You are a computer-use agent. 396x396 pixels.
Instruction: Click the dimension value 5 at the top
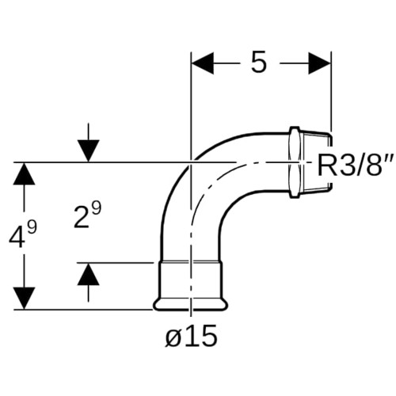tap(258, 63)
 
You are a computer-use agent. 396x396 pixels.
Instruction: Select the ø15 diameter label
tap(192, 336)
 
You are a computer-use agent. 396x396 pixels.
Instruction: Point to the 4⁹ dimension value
tap(23, 235)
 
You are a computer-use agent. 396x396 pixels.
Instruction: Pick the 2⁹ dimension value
tap(87, 215)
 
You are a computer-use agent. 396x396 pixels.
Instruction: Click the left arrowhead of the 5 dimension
tap(203, 63)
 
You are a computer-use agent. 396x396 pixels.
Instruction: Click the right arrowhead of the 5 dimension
tap(319, 63)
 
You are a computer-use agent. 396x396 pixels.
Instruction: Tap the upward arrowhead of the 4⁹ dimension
tap(24, 174)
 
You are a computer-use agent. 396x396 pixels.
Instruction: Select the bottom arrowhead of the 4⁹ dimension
tap(24, 298)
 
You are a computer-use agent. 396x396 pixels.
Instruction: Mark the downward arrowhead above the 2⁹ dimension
tap(89, 150)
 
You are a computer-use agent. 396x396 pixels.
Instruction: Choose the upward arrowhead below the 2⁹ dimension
tap(89, 275)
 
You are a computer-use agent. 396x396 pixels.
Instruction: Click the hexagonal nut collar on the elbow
tap(295, 162)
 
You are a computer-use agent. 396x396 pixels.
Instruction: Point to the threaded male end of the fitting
tap(316, 162)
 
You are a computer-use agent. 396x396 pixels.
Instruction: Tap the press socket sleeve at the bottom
tap(190, 280)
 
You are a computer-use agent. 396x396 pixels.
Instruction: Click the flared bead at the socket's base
tap(190, 304)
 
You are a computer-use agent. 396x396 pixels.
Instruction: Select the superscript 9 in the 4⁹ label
tap(32, 227)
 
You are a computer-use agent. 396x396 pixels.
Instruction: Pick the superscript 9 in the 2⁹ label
tap(97, 208)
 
